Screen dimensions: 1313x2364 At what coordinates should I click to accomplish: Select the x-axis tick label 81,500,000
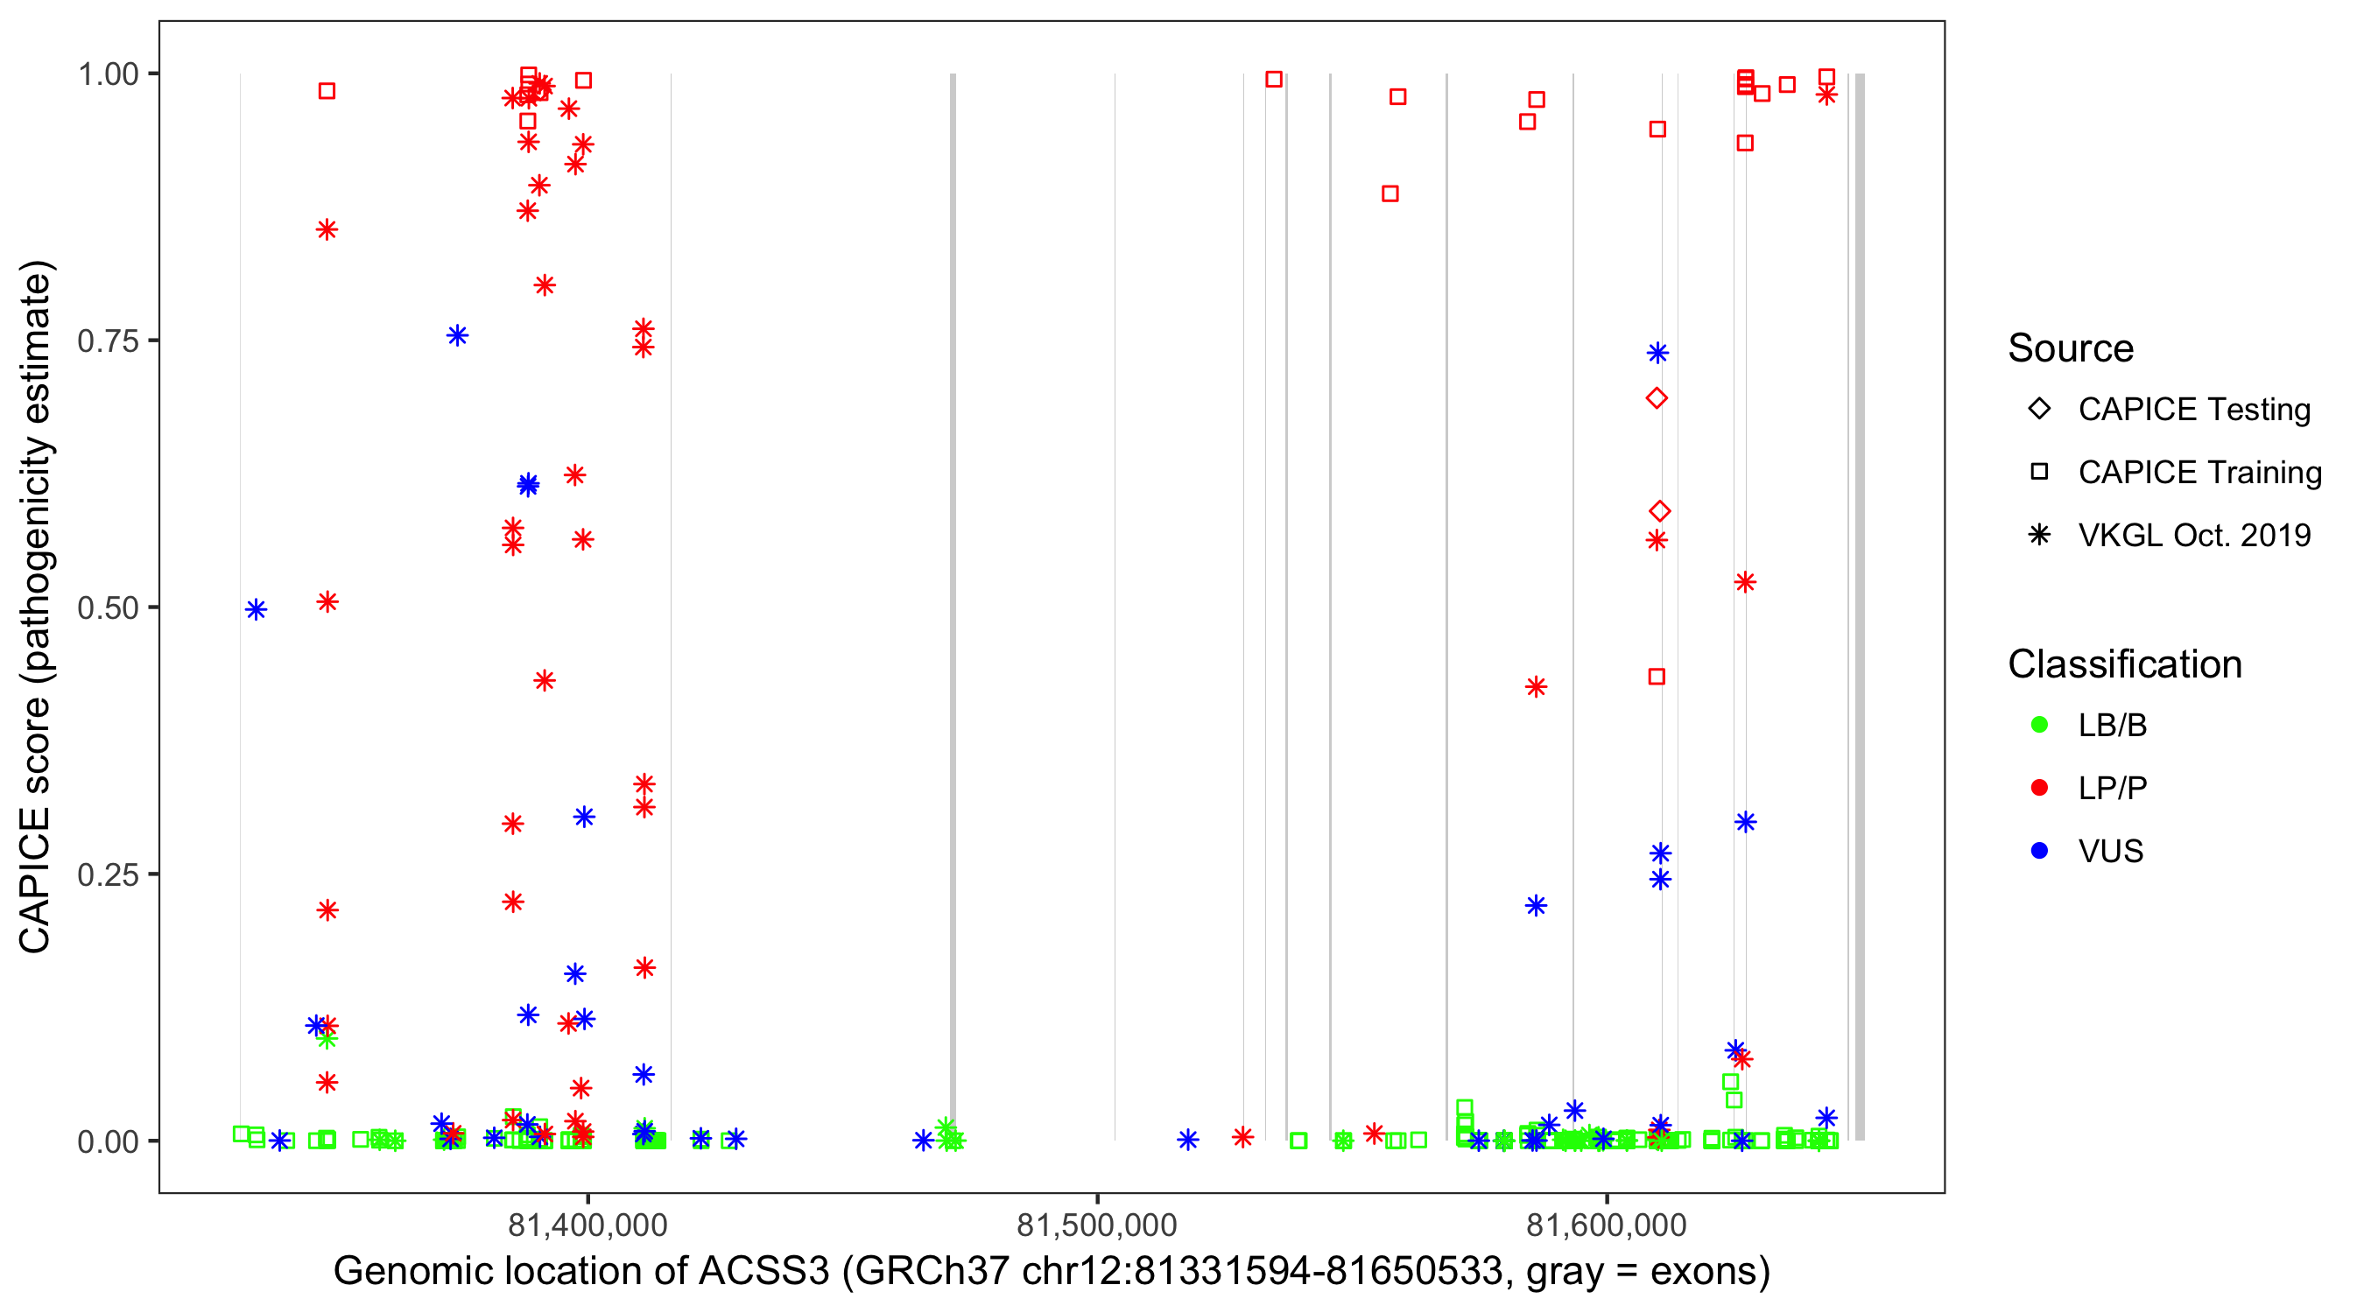pyautogui.click(x=1097, y=1225)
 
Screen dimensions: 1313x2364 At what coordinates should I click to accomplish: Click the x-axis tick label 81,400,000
pyautogui.click(x=587, y=1225)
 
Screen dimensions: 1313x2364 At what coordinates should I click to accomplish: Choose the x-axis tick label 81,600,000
pyautogui.click(x=1606, y=1225)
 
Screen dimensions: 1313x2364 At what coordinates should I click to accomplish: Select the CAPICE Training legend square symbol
pyautogui.click(x=2039, y=473)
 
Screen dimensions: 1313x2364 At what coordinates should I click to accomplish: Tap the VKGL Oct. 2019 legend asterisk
pyautogui.click(x=2039, y=535)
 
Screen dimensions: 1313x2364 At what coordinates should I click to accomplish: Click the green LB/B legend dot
pyautogui.click(x=2039, y=725)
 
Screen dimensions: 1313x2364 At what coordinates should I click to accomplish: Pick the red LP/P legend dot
pyautogui.click(x=2039, y=788)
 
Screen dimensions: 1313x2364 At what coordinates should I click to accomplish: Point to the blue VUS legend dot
pyautogui.click(x=2039, y=852)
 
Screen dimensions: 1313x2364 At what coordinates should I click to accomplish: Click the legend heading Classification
pyautogui.click(x=2124, y=664)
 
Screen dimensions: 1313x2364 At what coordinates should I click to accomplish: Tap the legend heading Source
pyautogui.click(x=2071, y=348)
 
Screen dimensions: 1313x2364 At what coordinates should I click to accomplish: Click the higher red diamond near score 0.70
pyautogui.click(x=1657, y=398)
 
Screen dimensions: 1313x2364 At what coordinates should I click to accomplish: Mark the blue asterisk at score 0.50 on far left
pyautogui.click(x=256, y=610)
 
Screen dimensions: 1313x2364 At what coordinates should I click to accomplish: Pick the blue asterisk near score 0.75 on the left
pyautogui.click(x=457, y=336)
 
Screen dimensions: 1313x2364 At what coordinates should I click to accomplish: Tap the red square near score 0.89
pyautogui.click(x=1390, y=193)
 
